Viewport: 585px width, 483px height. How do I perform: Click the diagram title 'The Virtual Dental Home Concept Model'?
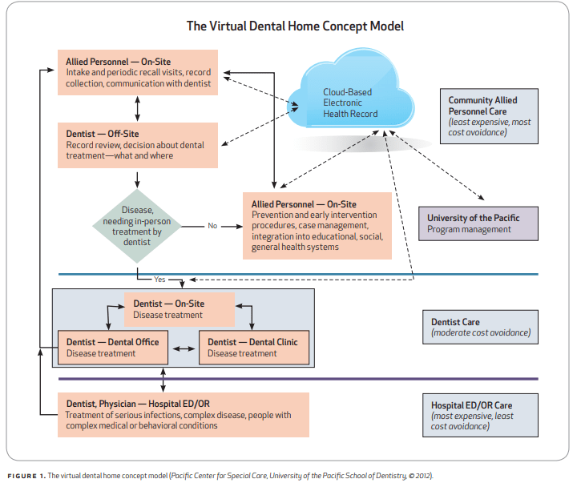[295, 26]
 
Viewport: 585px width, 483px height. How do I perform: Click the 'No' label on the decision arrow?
[212, 226]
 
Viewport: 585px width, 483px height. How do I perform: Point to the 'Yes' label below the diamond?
[159, 280]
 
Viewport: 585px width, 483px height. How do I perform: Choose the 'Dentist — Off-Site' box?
[138, 145]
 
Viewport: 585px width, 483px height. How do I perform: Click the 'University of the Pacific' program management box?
[478, 223]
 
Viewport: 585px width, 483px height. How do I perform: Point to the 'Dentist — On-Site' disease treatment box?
[180, 309]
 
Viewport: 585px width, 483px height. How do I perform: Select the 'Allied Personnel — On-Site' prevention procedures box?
[317, 226]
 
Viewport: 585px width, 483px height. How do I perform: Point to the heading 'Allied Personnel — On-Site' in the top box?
[118, 61]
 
